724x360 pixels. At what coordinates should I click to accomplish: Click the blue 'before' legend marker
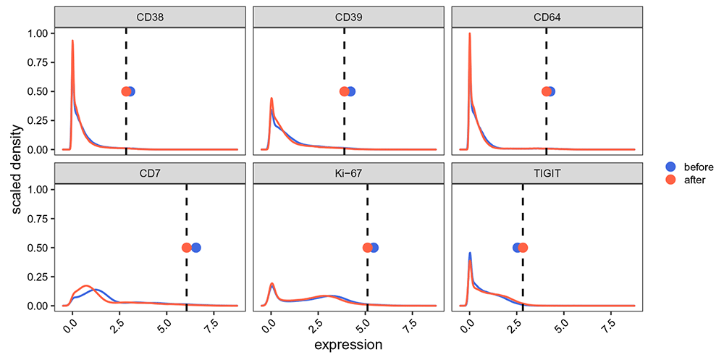pyautogui.click(x=670, y=166)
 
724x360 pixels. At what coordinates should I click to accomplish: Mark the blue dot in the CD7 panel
pyautogui.click(x=195, y=248)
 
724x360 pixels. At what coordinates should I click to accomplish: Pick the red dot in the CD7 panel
pyautogui.click(x=187, y=248)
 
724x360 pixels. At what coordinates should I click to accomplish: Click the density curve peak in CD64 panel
pyautogui.click(x=470, y=34)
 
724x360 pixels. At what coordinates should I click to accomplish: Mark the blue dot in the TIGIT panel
pyautogui.click(x=518, y=248)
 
